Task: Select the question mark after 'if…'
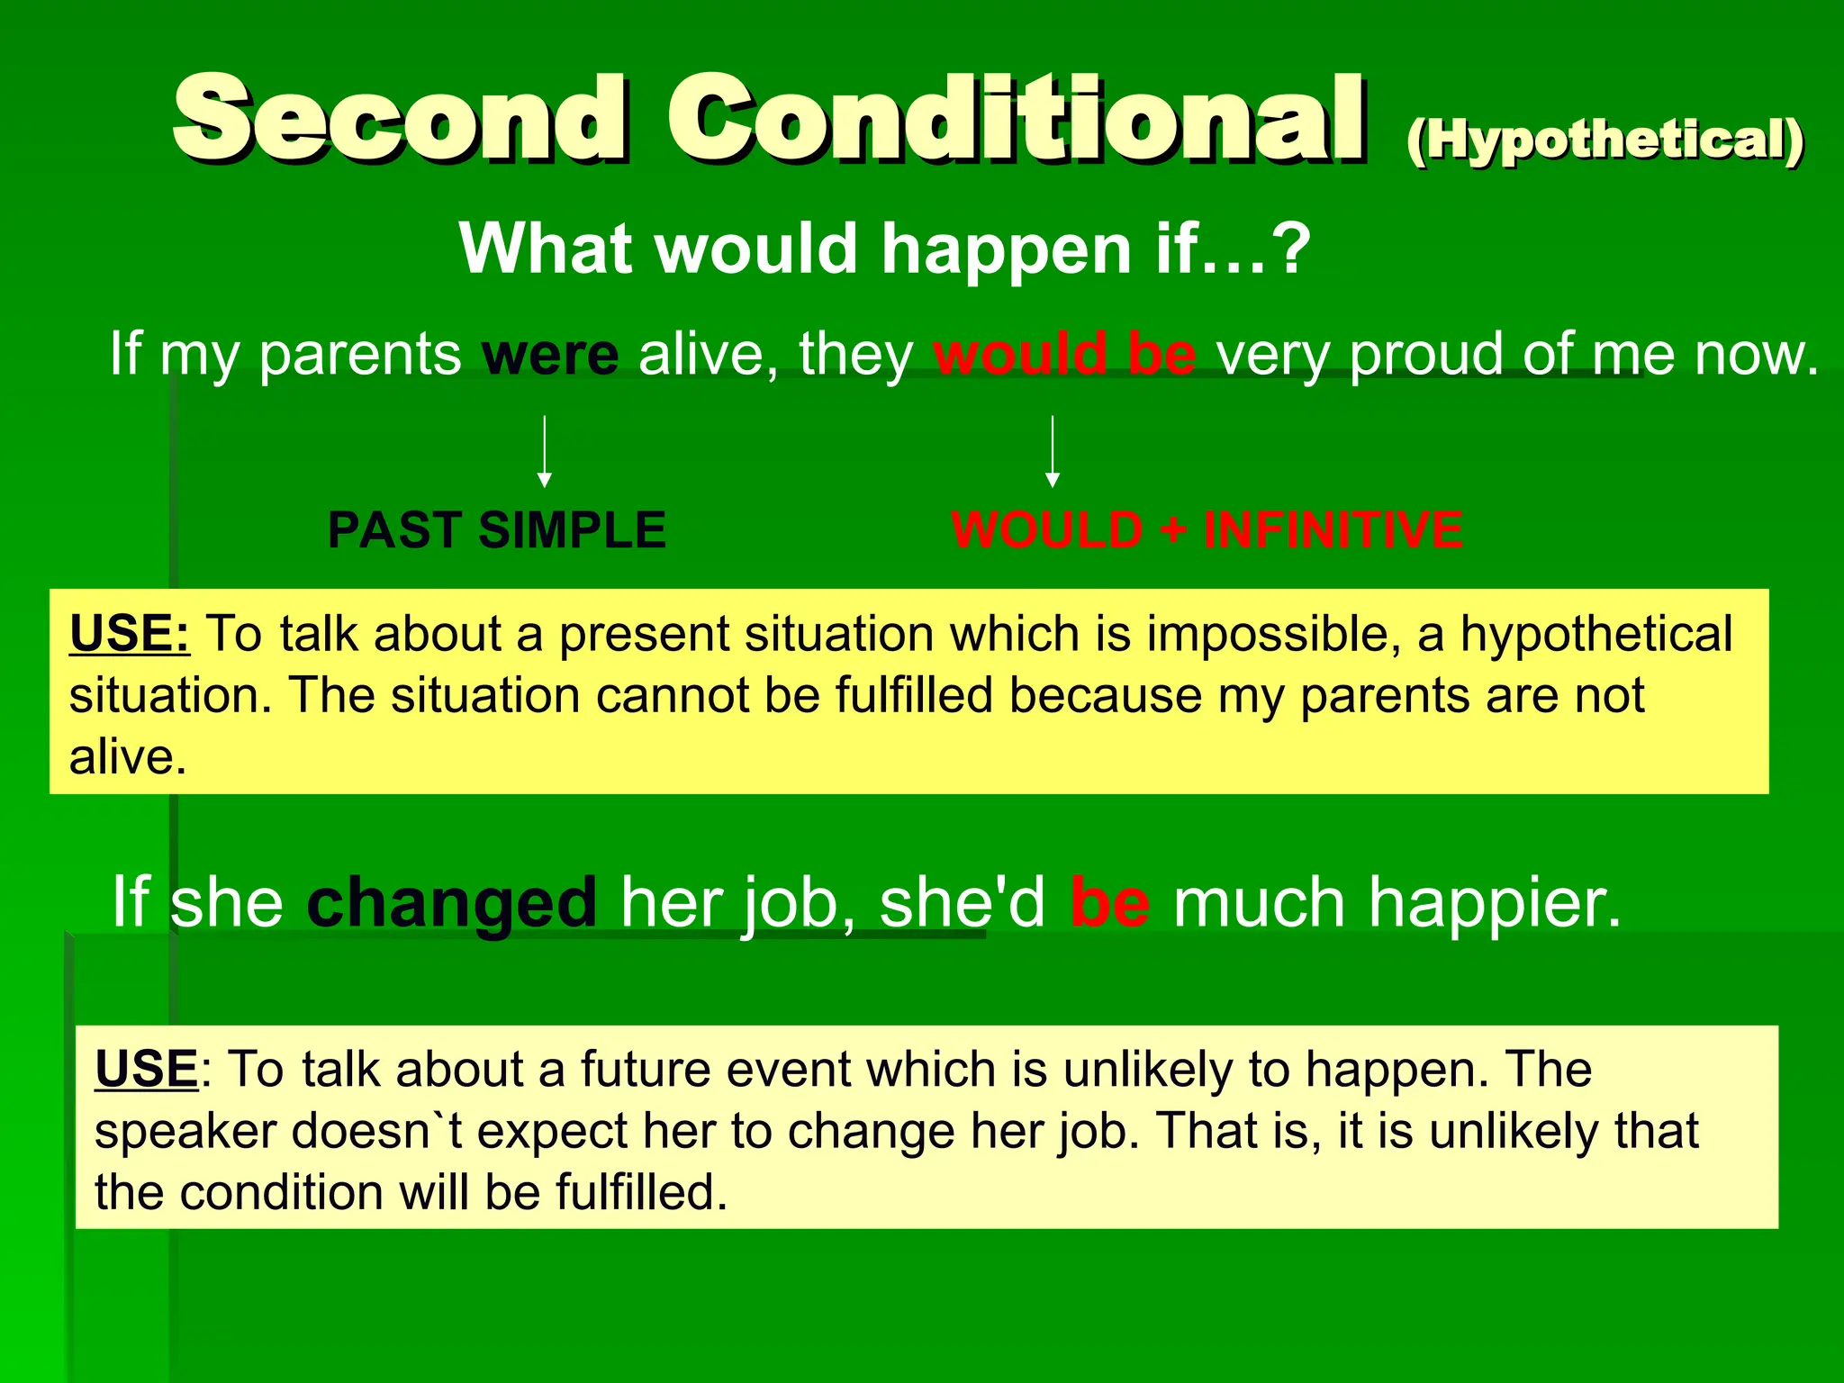pyautogui.click(x=1294, y=249)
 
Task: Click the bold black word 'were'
pyautogui.click(x=550, y=355)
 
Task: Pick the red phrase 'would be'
pyautogui.click(x=1064, y=355)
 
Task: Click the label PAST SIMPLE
pyautogui.click(x=496, y=530)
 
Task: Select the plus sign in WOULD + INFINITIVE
pyautogui.click(x=1173, y=530)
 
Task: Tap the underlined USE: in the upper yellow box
pyautogui.click(x=130, y=634)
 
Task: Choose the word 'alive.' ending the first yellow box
pyautogui.click(x=128, y=757)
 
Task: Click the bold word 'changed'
pyautogui.click(x=451, y=902)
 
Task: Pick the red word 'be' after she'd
pyautogui.click(x=1109, y=902)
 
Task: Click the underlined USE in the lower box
pyautogui.click(x=146, y=1070)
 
